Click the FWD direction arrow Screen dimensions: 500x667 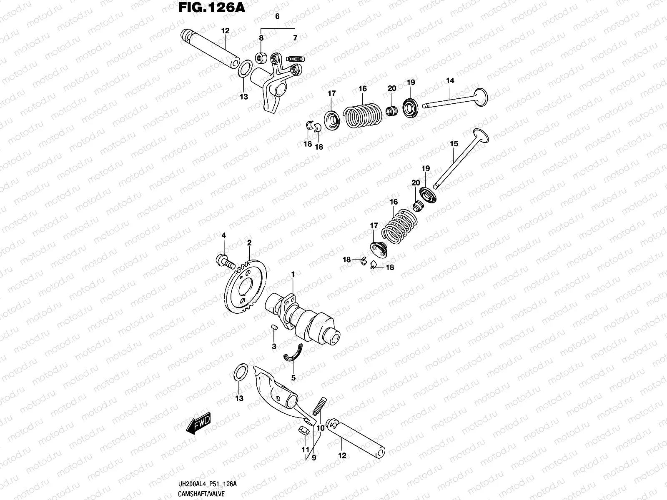pyautogui.click(x=199, y=425)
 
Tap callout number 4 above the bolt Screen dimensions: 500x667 pyautogui.click(x=223, y=235)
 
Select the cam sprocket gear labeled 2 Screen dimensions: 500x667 pyautogui.click(x=246, y=287)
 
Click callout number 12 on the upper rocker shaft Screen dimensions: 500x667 pyautogui.click(x=226, y=30)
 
